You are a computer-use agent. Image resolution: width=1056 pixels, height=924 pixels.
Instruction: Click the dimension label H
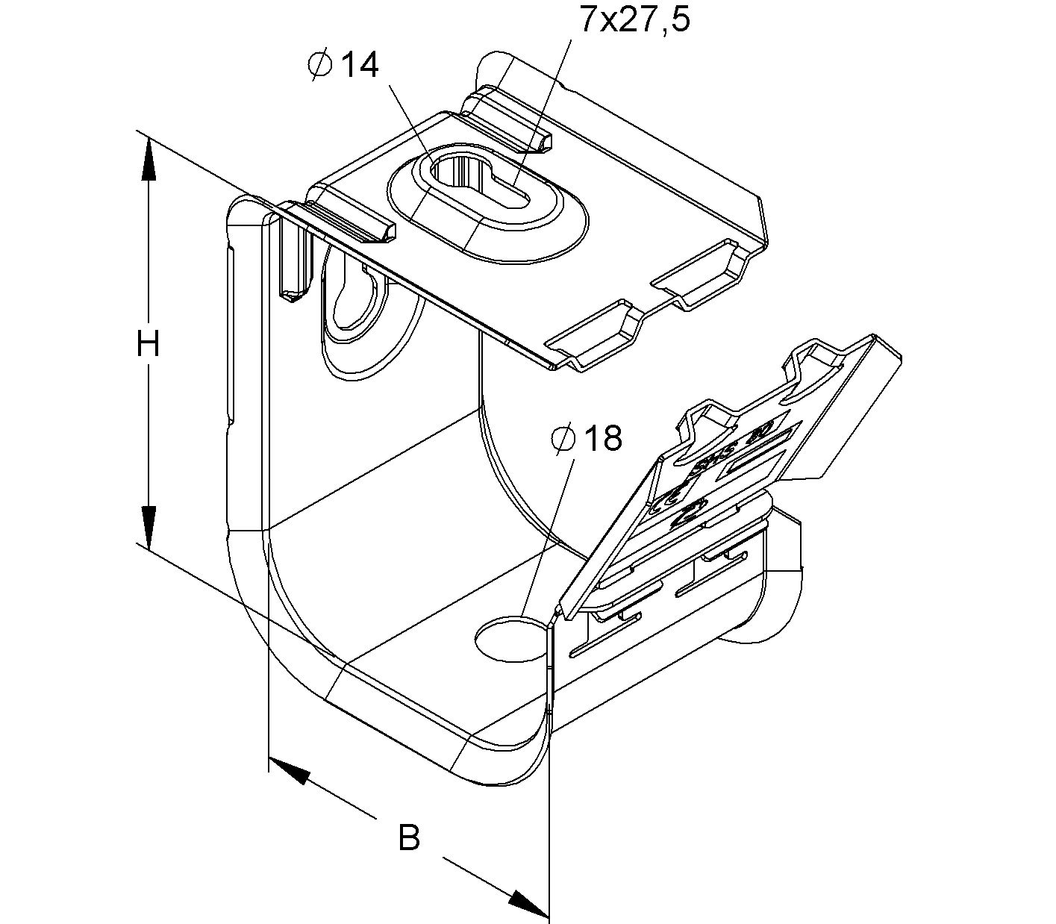click(149, 346)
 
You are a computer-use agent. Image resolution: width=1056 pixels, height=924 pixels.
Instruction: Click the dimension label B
click(409, 837)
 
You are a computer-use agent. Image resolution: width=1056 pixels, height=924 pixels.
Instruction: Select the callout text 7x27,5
click(635, 20)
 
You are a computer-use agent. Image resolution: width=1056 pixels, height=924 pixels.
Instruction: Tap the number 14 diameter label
click(360, 66)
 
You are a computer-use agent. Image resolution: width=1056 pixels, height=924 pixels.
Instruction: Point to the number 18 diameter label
click(602, 439)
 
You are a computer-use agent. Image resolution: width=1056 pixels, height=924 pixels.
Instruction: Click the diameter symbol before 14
click(319, 65)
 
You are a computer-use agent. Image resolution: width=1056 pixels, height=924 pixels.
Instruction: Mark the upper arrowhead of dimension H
click(149, 160)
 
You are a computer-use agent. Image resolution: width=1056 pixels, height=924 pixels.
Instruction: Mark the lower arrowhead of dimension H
click(149, 526)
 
